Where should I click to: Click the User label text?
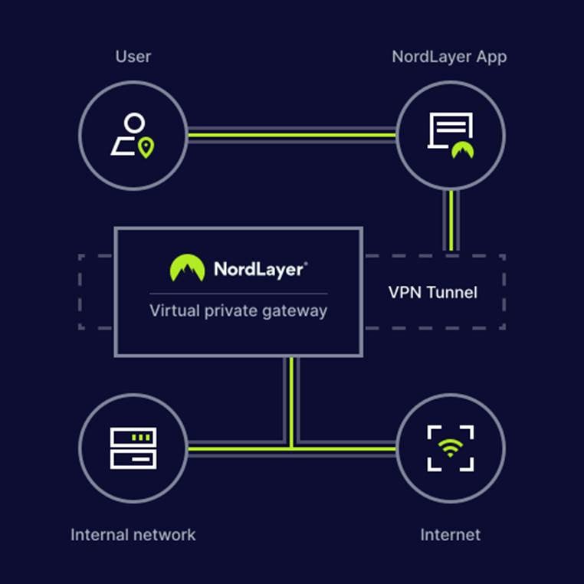(x=133, y=57)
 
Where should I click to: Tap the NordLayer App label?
(x=449, y=57)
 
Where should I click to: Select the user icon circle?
(x=133, y=135)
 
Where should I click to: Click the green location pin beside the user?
(x=146, y=147)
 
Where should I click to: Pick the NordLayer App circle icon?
(x=450, y=135)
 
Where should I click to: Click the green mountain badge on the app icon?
(x=462, y=149)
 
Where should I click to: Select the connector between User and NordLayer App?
(x=291, y=136)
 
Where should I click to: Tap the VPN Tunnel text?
(x=432, y=292)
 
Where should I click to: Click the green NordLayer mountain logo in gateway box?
(x=187, y=268)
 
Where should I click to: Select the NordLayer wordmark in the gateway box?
(x=261, y=269)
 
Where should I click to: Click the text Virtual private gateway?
(x=238, y=311)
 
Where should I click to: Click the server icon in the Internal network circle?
(x=133, y=448)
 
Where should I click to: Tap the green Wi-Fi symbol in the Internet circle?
(x=450, y=447)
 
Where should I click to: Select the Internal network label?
(x=133, y=534)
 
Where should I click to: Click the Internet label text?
(x=450, y=534)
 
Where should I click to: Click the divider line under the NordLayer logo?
(x=238, y=294)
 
